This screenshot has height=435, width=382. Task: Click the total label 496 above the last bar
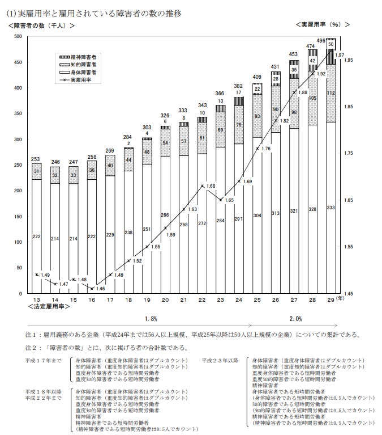pyautogui.click(x=321, y=40)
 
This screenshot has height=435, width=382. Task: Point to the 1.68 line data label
pyautogui.click(x=210, y=186)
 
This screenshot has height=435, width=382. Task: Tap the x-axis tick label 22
pyautogui.click(x=202, y=299)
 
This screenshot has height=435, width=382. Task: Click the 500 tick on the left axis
pyautogui.click(x=18, y=37)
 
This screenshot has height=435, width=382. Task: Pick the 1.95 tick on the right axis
pyautogui.click(x=348, y=60)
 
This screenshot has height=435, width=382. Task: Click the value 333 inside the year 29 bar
pyautogui.click(x=331, y=208)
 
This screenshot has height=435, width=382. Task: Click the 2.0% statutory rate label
pyautogui.click(x=295, y=319)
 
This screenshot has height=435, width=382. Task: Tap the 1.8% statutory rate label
pyautogui.click(x=151, y=319)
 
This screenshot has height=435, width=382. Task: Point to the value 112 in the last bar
pyautogui.click(x=331, y=93)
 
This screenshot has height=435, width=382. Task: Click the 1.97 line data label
pyautogui.click(x=340, y=55)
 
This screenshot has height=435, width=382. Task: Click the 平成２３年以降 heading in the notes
pyautogui.click(x=220, y=360)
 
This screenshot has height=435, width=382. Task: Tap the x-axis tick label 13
pyautogui.click(x=37, y=299)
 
